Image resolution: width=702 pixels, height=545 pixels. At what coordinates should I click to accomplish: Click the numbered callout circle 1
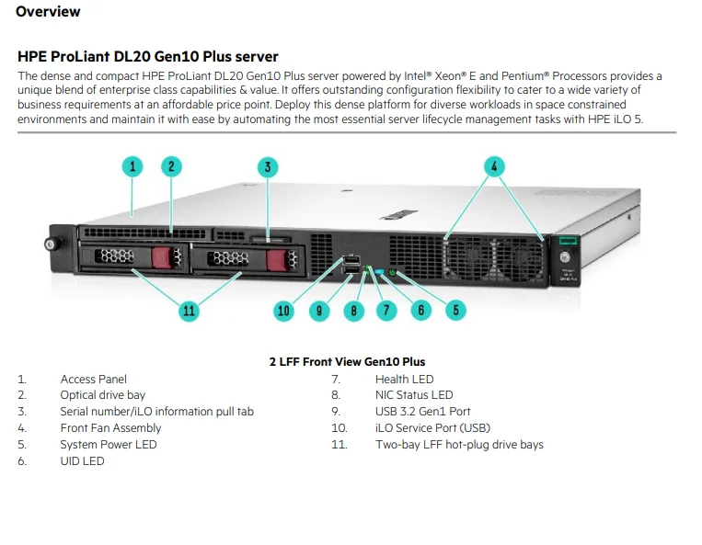[133, 166]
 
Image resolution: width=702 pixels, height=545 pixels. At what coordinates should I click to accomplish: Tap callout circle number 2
[171, 166]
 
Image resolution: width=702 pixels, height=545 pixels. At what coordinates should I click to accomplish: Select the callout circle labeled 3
[267, 166]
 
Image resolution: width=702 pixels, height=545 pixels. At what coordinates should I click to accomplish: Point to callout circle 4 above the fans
[494, 166]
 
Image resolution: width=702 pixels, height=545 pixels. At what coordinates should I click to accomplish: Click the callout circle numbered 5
[455, 310]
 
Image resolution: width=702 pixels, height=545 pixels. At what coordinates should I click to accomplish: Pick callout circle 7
[386, 310]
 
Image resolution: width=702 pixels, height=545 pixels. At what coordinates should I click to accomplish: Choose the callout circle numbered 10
[283, 311]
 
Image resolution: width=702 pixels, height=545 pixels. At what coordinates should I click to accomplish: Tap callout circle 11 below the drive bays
[189, 311]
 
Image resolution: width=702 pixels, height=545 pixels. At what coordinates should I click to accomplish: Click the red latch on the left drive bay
[162, 257]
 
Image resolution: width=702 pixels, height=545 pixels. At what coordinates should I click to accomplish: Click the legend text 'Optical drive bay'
[102, 395]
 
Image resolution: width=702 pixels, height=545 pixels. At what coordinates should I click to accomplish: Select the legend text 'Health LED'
[404, 379]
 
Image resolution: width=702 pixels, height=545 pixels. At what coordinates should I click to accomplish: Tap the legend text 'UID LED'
[82, 461]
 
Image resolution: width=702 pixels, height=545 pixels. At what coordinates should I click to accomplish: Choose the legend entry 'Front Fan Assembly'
[110, 428]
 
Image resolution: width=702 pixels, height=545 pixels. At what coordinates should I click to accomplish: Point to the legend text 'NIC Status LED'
[414, 395]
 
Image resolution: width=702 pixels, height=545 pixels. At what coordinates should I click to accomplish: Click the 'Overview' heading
[48, 12]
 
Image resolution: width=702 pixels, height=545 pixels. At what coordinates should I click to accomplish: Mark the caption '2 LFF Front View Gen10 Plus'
[347, 361]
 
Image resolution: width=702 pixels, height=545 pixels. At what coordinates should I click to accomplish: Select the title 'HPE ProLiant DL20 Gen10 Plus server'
[148, 57]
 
